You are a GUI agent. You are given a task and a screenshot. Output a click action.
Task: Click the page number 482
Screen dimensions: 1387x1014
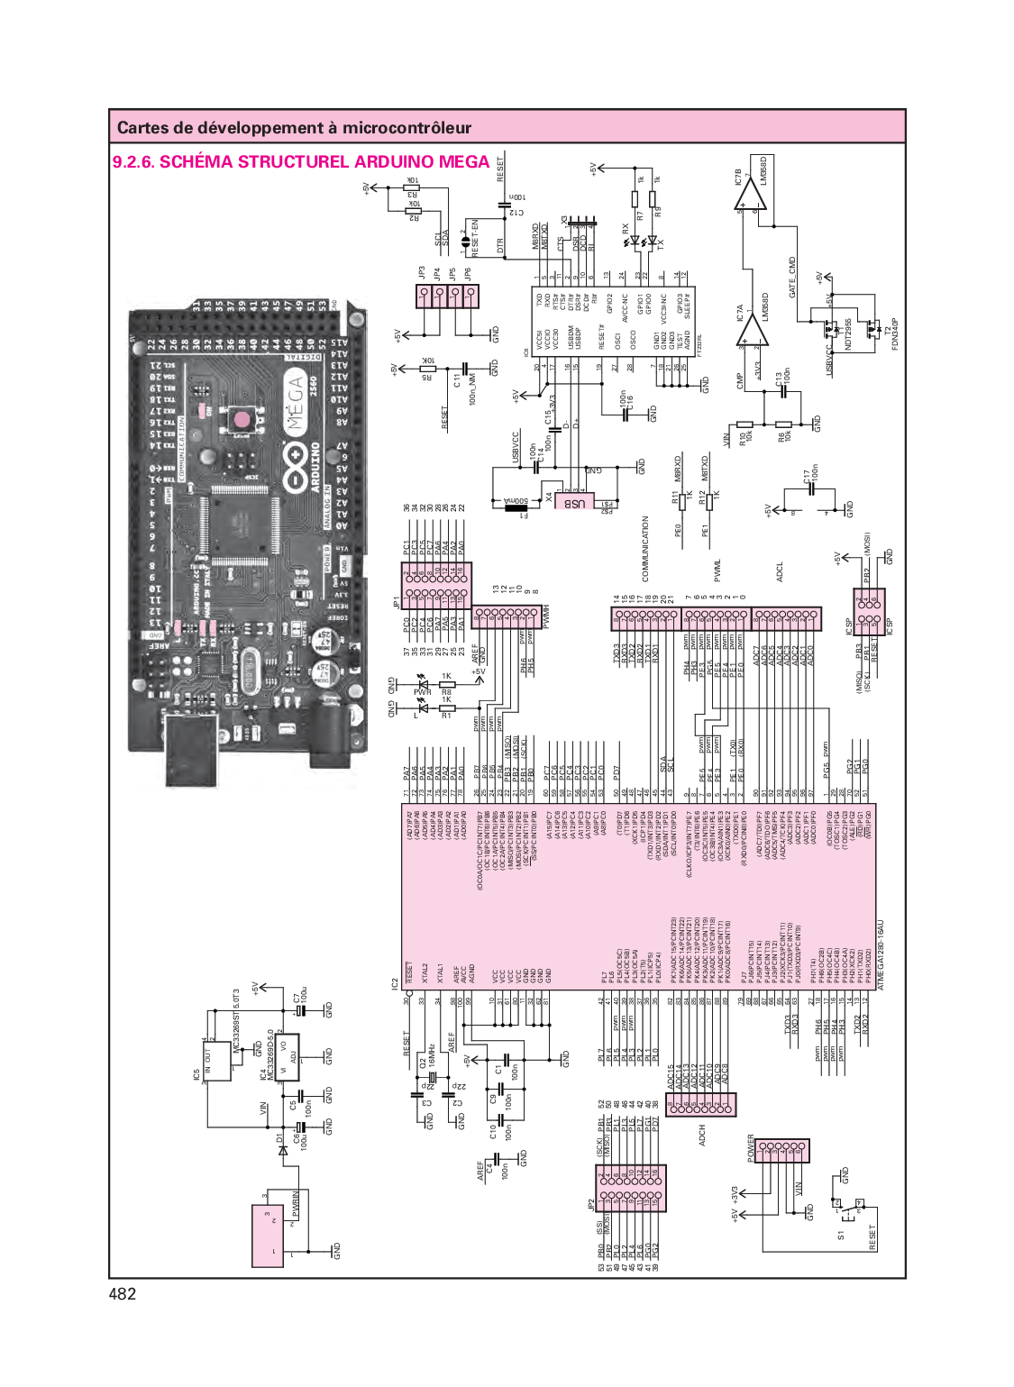tap(123, 1294)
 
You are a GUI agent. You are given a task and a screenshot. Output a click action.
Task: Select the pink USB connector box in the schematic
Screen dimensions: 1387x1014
tap(575, 502)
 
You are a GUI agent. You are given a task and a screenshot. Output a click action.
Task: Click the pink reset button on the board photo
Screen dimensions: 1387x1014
tap(241, 419)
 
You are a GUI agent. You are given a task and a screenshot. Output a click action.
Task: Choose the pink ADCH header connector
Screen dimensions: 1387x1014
tap(701, 1105)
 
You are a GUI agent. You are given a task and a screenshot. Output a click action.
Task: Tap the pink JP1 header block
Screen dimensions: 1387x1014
tap(435, 584)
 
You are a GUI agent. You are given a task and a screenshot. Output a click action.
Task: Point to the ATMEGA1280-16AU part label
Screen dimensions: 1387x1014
tap(881, 955)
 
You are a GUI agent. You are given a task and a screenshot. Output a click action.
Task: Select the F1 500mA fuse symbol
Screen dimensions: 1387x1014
tap(516, 507)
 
